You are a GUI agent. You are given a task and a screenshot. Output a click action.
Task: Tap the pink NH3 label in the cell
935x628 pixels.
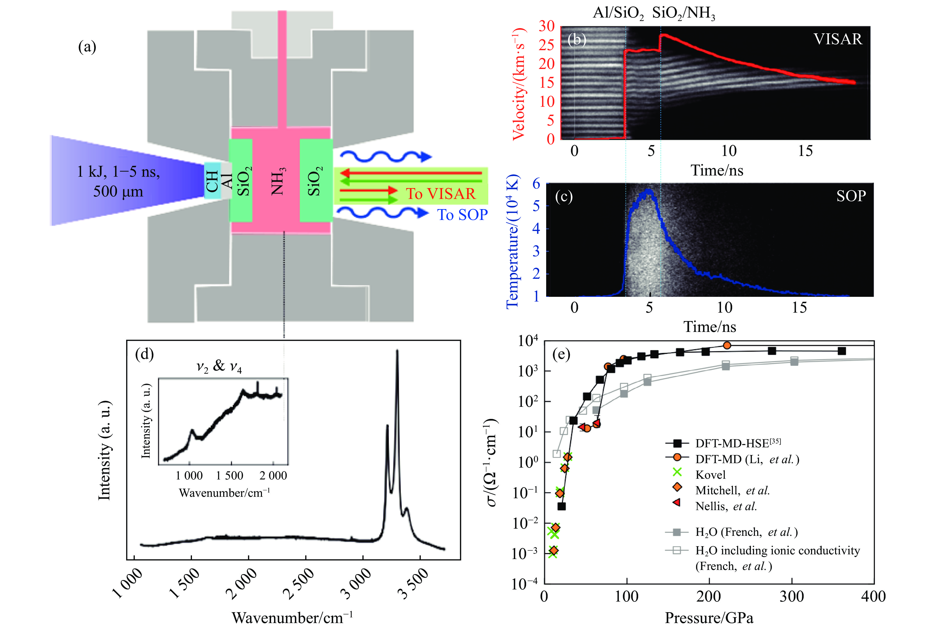(x=278, y=181)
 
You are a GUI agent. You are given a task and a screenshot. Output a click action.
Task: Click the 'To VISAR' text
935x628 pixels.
(x=441, y=194)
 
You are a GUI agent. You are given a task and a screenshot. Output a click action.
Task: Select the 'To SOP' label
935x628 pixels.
(x=462, y=215)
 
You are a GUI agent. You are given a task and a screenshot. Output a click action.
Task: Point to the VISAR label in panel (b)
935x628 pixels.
(x=838, y=39)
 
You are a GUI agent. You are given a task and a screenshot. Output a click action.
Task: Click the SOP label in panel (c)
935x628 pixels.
(x=851, y=196)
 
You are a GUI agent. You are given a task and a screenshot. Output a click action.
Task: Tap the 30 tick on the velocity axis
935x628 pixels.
(x=547, y=26)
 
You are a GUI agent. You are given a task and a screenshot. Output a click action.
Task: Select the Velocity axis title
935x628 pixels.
(x=519, y=84)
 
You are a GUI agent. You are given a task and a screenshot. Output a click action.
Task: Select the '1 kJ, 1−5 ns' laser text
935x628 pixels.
(x=119, y=172)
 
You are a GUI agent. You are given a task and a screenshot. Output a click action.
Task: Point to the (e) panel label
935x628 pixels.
(x=561, y=354)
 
